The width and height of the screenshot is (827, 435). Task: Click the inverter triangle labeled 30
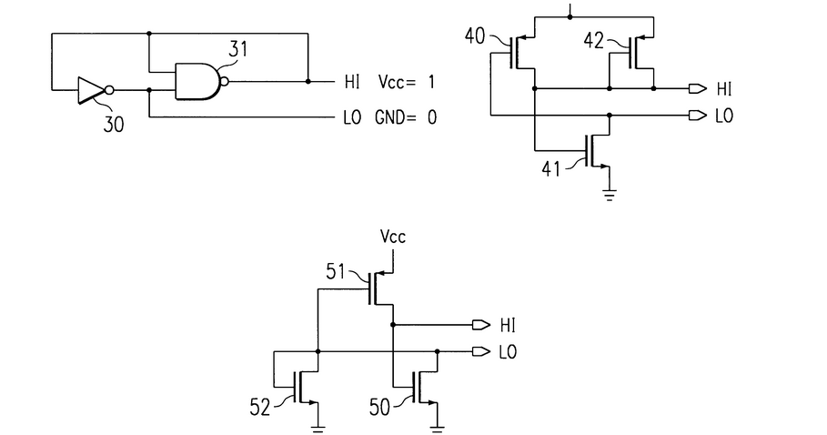91,90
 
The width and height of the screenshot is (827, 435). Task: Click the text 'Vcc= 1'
406,82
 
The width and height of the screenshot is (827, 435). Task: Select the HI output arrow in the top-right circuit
697,89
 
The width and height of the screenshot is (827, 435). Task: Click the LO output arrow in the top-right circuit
697,116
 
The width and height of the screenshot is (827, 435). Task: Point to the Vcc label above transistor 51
393,237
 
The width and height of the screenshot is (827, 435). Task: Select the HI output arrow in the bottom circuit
479,324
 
